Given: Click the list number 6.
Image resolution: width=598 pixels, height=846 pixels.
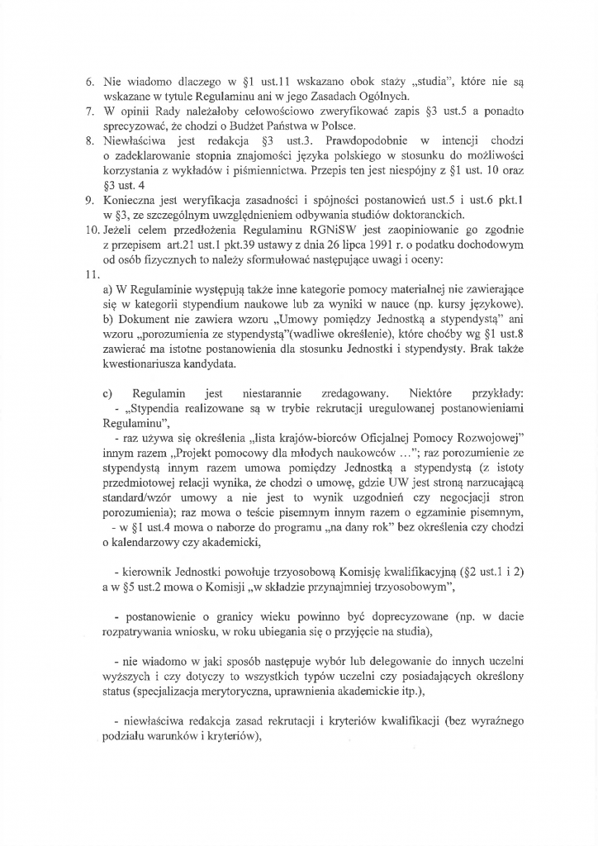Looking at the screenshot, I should [x=91, y=83].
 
